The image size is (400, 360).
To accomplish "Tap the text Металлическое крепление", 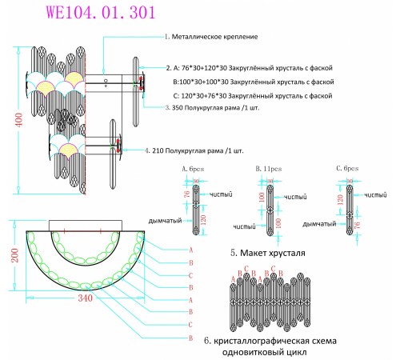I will point(213,37).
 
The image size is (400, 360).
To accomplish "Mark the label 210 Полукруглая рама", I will point(196,150).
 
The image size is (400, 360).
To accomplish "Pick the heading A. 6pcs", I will point(194,169).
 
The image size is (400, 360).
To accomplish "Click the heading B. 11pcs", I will point(267,169).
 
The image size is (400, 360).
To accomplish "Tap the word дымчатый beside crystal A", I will point(166,220).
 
